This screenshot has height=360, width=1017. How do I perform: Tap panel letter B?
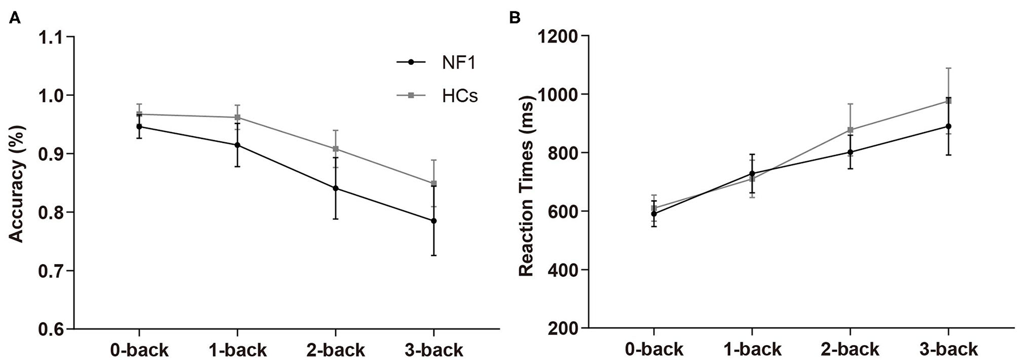[515, 19]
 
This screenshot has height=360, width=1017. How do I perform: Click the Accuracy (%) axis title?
[18, 183]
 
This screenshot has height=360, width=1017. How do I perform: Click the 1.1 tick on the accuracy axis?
[53, 37]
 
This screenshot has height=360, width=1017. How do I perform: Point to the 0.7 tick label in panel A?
[53, 271]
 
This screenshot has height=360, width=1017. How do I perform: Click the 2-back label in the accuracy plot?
[335, 350]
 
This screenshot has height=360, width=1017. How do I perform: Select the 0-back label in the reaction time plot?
[654, 349]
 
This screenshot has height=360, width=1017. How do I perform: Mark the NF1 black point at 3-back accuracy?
[434, 221]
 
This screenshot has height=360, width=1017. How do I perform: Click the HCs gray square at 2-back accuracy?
[335, 149]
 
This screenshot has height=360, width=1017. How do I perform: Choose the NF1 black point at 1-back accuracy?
[237, 145]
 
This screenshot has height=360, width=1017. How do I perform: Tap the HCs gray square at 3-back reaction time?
[949, 100]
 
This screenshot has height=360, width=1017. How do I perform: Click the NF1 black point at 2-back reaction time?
[850, 152]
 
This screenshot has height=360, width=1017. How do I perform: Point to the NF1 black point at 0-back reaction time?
[654, 214]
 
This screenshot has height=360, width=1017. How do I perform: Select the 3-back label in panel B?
[949, 349]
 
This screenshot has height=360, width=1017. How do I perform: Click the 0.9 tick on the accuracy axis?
[53, 154]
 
